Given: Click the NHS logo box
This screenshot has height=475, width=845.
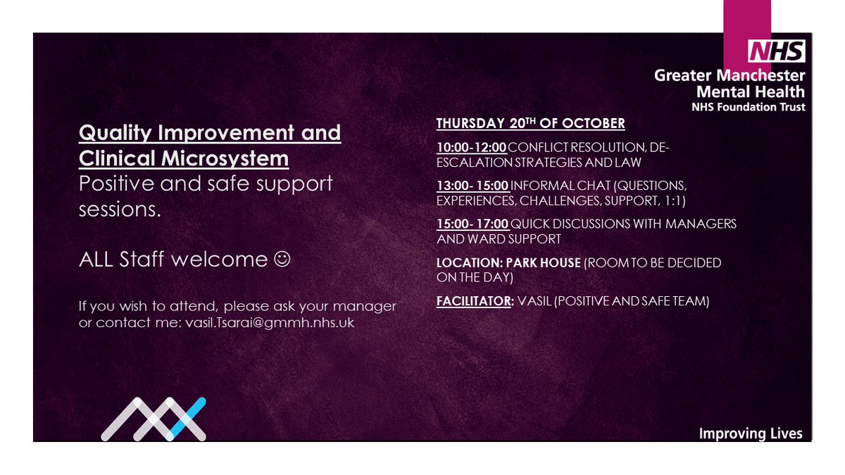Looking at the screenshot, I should click(777, 51).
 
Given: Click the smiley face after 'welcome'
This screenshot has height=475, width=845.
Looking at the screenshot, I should click(281, 260).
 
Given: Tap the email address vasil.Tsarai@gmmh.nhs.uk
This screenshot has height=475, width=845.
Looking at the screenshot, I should click(270, 322).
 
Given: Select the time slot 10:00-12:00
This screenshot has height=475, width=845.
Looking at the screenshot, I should click(471, 146).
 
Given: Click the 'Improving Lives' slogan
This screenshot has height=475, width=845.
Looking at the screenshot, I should click(750, 433).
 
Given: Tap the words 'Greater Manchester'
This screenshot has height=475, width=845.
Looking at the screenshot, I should click(730, 75).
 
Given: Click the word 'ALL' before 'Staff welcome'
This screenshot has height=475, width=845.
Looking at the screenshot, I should click(98, 260).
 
